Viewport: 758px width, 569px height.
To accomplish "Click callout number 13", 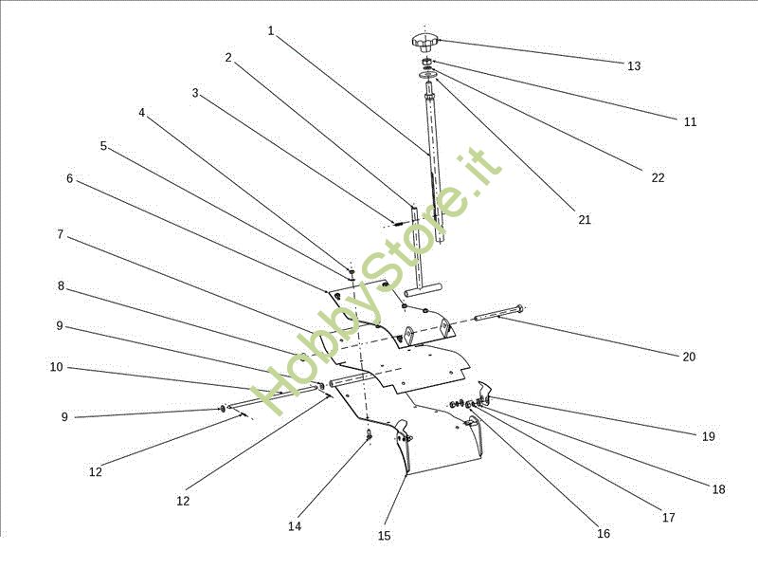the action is tap(634, 66).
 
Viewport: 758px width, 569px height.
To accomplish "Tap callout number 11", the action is tap(690, 121).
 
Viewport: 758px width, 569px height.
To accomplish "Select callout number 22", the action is tap(658, 177).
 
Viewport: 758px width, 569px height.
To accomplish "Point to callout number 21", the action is tap(585, 219).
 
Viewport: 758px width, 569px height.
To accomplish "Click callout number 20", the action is tap(689, 357).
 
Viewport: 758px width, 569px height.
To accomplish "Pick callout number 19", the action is tap(709, 437).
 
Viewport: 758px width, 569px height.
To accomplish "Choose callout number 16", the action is tap(604, 533).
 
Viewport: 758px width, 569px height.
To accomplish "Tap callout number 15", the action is tap(384, 536).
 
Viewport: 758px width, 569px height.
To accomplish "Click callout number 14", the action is tap(295, 525).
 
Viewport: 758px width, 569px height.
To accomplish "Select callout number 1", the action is tap(270, 30).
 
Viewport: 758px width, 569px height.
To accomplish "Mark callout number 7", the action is tap(60, 234).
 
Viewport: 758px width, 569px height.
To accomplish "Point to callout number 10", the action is tap(57, 367).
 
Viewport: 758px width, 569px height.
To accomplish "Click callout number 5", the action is tap(103, 146).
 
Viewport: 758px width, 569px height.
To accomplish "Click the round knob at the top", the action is tap(424, 42).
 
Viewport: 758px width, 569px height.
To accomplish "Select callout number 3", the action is tap(195, 93).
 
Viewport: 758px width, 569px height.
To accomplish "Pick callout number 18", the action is tap(718, 489).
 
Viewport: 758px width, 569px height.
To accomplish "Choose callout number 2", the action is tap(228, 58).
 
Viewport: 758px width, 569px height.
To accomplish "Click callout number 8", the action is tap(61, 285).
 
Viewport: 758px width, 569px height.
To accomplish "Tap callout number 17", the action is tap(669, 518).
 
